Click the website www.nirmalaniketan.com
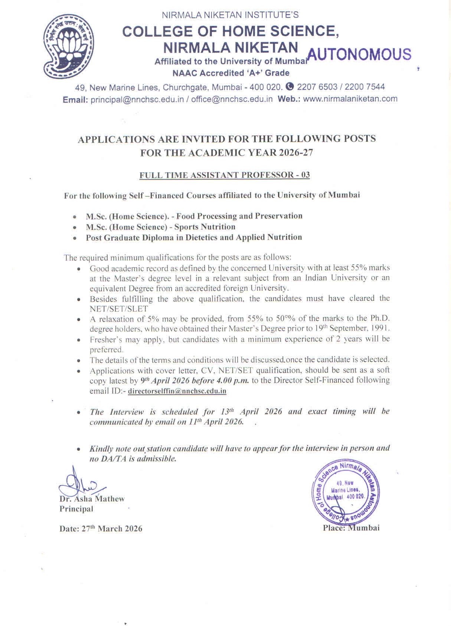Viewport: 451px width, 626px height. [x=350, y=99]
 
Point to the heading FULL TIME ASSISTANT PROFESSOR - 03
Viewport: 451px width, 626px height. [x=224, y=175]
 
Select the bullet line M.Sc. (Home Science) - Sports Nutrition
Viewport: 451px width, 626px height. [x=160, y=227]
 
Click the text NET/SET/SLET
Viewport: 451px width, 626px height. [x=119, y=309]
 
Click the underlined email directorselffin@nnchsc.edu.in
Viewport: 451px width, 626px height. [x=177, y=391]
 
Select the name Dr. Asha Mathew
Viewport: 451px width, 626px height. [x=92, y=499]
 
